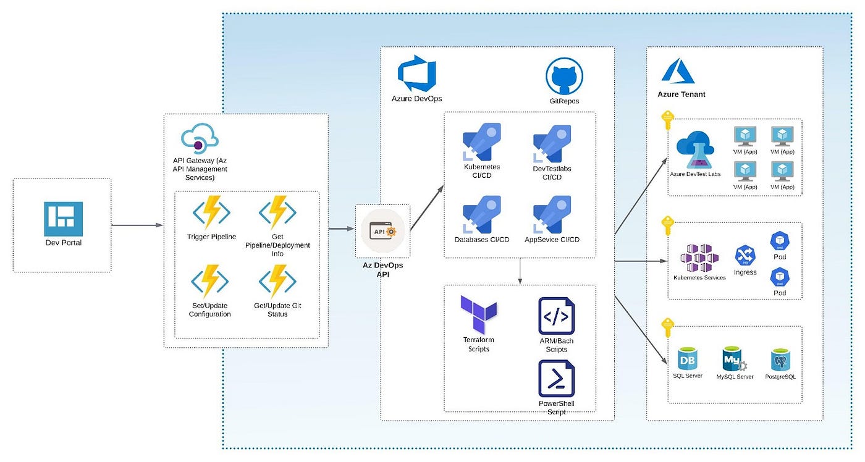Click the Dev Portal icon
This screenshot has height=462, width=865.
tap(63, 218)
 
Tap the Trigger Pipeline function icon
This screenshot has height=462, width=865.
tap(211, 212)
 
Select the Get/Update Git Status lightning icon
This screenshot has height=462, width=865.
tap(277, 282)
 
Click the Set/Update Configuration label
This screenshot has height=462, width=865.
tap(210, 310)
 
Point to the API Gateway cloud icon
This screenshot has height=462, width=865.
tap(200, 139)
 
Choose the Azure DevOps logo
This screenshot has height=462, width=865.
tap(417, 73)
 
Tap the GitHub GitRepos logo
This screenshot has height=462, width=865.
tap(564, 76)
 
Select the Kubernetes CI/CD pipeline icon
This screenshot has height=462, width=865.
tap(482, 142)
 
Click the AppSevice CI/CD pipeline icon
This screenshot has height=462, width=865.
tap(552, 215)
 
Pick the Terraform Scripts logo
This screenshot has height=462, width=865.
tap(478, 314)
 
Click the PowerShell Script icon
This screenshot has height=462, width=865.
tap(556, 379)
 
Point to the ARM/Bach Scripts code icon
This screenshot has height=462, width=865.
tap(556, 316)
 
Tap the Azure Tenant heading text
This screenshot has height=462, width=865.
tap(681, 94)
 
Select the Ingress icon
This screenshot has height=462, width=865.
tap(745, 256)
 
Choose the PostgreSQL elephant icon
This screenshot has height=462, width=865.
tap(780, 359)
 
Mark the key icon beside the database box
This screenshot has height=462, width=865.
tap(667, 327)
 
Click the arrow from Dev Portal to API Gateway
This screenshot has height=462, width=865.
tap(137, 225)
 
